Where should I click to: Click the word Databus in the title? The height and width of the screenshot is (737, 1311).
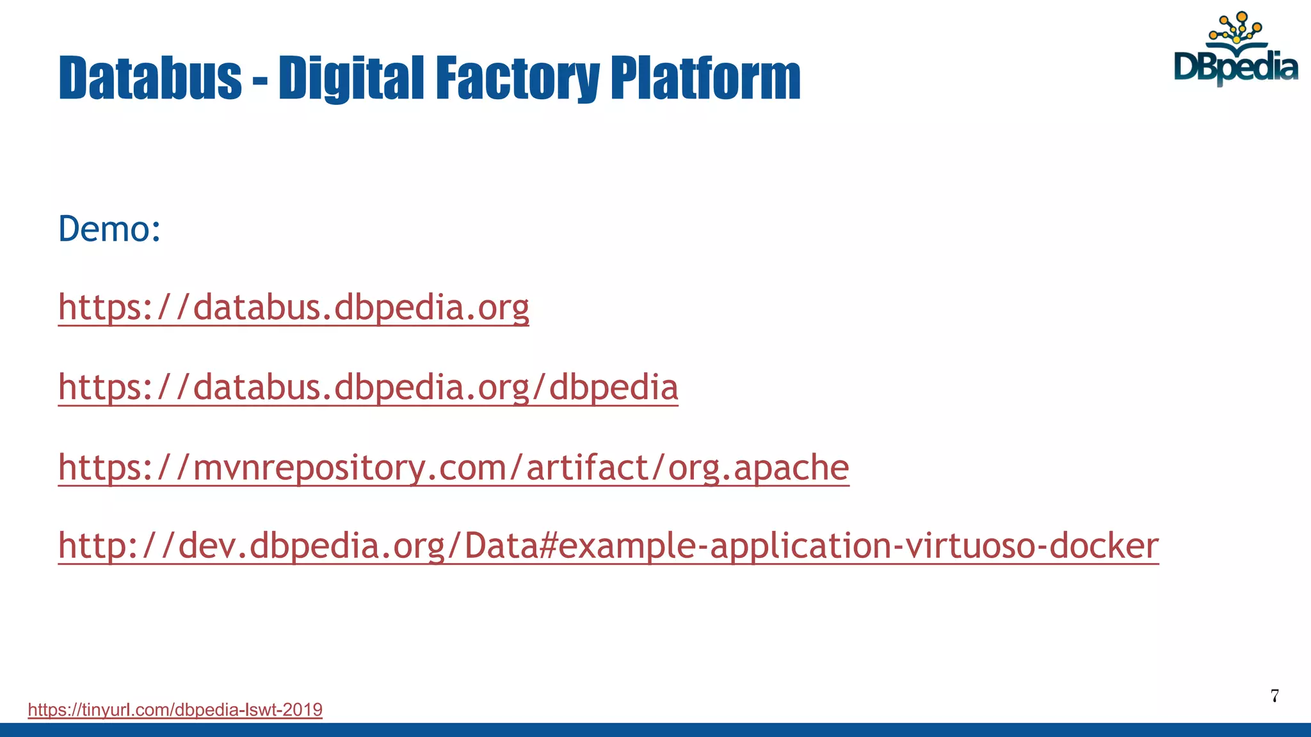pos(150,78)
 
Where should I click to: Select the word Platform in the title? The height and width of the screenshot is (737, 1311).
pos(705,78)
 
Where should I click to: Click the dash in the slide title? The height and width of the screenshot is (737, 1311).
pos(260,81)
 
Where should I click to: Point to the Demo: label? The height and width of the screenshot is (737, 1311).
pos(109,229)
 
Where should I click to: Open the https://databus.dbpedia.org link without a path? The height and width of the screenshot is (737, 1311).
pos(293,308)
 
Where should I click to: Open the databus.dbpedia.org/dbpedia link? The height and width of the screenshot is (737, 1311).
pos(368,388)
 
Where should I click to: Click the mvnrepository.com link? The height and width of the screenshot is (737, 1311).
pos(453,468)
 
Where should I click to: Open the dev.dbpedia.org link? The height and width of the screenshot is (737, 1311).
pos(608,546)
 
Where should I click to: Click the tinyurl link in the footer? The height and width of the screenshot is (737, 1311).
pos(175,709)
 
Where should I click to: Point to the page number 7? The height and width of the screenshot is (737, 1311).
pos(1275,696)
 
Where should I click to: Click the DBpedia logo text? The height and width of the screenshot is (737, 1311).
pos(1235,67)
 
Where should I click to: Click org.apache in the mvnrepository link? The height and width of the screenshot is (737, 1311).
pos(759,468)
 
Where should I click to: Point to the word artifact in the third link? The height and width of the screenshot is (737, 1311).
pos(588,468)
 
